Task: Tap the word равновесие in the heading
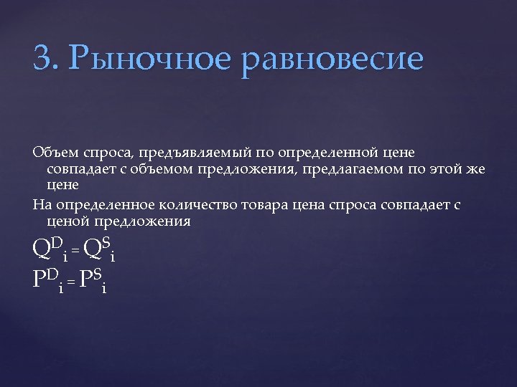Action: pos(334,59)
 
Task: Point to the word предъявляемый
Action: pos(188,153)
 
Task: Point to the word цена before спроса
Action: pos(309,206)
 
